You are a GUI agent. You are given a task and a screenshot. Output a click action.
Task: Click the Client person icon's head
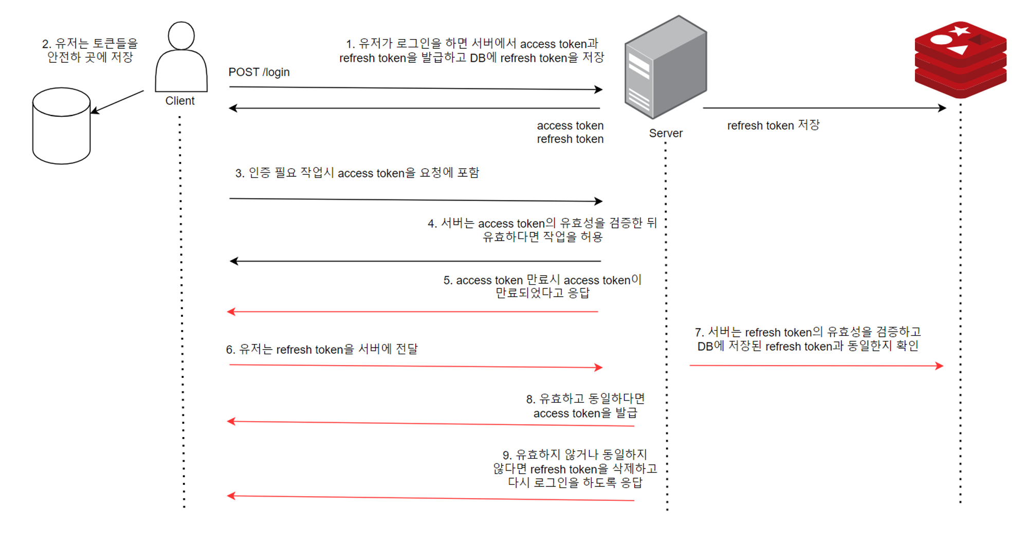point(181,35)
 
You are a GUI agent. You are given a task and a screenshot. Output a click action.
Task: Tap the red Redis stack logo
point(960,60)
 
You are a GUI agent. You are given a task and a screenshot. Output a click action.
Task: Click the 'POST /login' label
point(259,72)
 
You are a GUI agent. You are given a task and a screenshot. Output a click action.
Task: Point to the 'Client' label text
point(180,101)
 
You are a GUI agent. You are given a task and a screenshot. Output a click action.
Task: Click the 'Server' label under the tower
point(666,133)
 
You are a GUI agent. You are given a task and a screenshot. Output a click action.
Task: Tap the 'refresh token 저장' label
point(773,125)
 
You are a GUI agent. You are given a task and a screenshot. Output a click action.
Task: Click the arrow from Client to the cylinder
point(118,102)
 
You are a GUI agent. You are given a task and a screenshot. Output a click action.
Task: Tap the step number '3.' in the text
point(240,173)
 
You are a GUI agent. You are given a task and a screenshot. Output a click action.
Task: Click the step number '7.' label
point(699,333)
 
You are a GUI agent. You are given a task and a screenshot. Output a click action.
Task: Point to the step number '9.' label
point(507,455)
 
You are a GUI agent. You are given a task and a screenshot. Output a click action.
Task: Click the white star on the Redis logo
point(960,30)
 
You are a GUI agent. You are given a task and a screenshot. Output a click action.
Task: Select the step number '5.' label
point(448,280)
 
